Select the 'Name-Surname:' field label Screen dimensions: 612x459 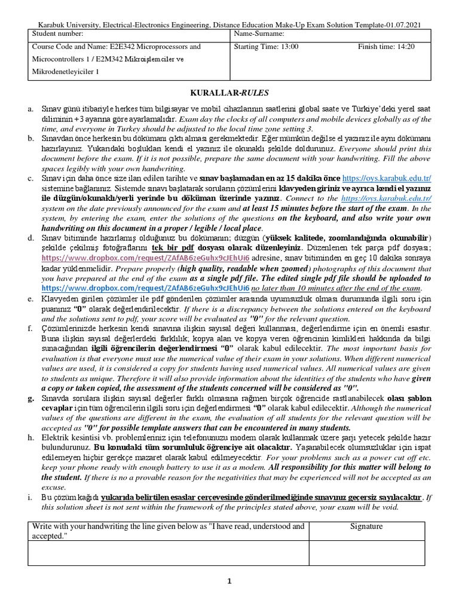[x=261, y=34]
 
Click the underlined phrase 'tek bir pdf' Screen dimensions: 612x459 [x=174, y=247]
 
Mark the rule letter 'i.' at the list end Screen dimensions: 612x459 [x=30, y=497]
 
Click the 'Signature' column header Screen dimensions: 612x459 [x=366, y=527]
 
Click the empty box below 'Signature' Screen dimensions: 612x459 [x=366, y=553]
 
